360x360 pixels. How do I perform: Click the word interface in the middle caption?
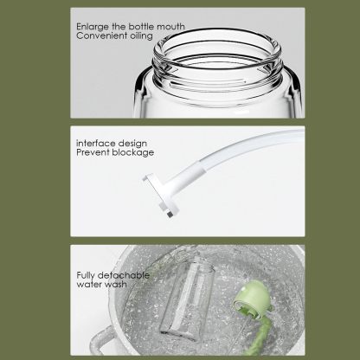pyautogui.click(x=94, y=142)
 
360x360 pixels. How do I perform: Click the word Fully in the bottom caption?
pyautogui.click(x=86, y=275)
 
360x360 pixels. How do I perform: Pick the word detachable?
pyautogui.click(x=123, y=275)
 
